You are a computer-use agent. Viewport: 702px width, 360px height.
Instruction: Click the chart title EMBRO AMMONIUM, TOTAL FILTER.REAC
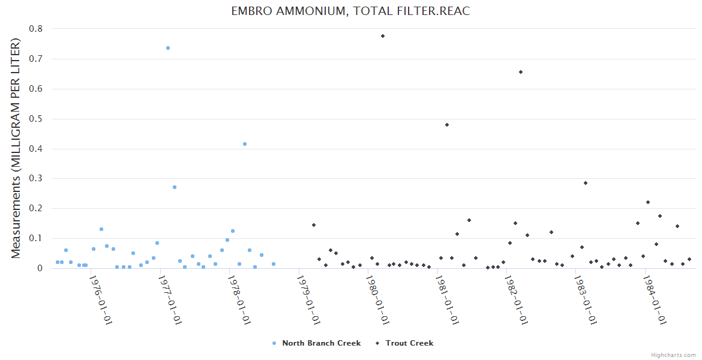tap(350, 11)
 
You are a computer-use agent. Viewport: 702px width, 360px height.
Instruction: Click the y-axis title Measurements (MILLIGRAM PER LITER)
tap(16, 148)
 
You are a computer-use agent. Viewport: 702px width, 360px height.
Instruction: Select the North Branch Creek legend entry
tap(321, 343)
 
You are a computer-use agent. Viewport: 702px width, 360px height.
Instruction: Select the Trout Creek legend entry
tap(409, 343)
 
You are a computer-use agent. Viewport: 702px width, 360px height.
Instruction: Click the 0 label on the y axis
tap(40, 268)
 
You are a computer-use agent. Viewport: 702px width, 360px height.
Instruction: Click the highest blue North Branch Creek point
tap(168, 48)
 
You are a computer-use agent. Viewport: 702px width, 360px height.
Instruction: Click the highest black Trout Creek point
tap(383, 36)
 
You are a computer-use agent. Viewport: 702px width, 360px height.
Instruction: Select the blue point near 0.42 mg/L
tap(245, 144)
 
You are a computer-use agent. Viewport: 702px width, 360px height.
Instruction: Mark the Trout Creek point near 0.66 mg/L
tap(521, 72)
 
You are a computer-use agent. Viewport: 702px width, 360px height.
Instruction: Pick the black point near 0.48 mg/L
tap(447, 125)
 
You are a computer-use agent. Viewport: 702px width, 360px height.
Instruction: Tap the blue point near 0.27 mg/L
tap(175, 187)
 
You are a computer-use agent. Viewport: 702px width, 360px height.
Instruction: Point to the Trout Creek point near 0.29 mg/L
tap(586, 183)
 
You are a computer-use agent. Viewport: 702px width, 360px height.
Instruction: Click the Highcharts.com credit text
tap(674, 355)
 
